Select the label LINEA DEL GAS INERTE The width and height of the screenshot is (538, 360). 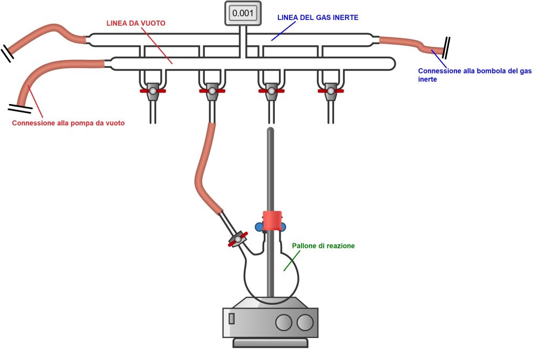point(317,17)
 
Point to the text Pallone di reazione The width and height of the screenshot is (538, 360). point(324,245)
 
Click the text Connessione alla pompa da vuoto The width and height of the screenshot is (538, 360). point(71,124)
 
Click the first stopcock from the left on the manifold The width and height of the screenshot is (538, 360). point(153,91)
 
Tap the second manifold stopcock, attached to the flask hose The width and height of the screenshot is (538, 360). point(212,91)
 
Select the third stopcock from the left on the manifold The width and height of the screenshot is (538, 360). point(271,91)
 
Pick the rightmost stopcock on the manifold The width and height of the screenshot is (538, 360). point(330,91)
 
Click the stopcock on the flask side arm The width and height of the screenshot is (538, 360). point(238,240)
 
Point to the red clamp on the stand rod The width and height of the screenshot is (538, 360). point(273,220)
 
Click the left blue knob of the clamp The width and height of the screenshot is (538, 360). point(259,227)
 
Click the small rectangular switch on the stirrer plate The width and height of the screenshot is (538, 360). point(231,318)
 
